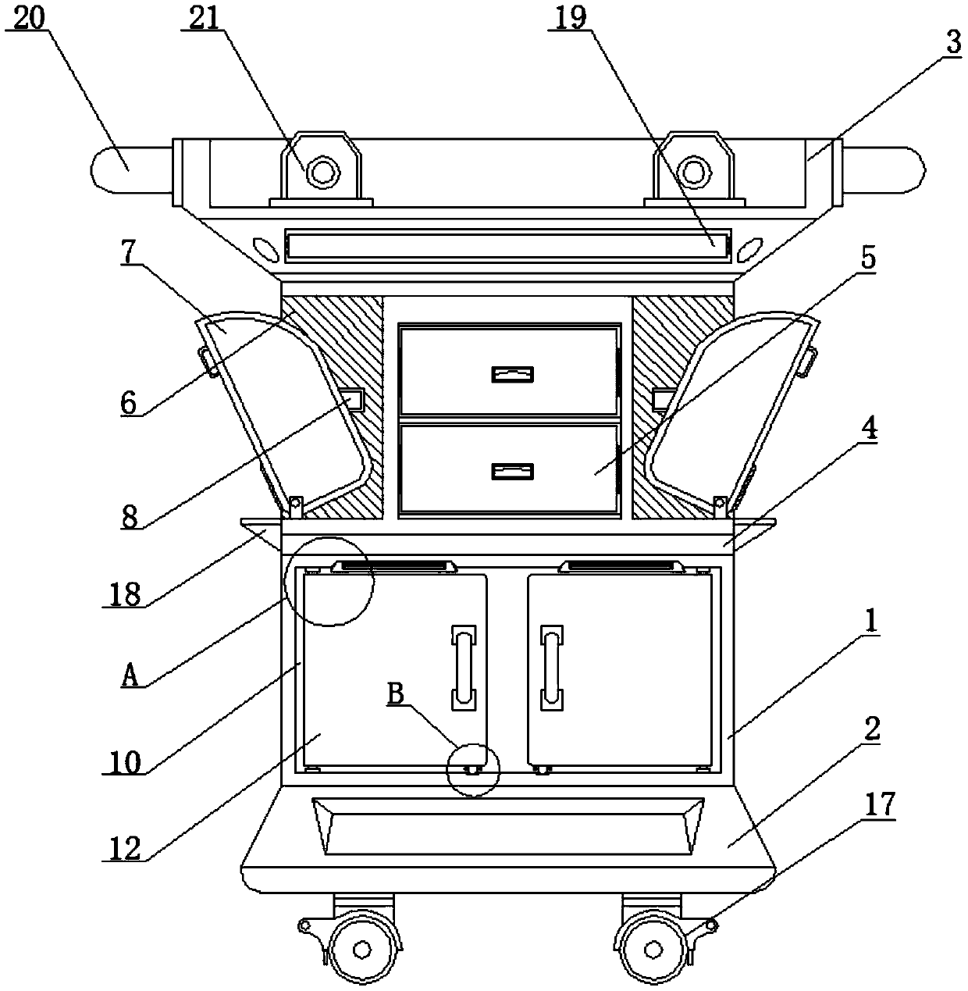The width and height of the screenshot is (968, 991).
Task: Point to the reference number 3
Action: tap(952, 44)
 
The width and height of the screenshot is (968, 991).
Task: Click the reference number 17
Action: tap(879, 806)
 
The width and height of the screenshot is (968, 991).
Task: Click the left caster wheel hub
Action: tap(361, 949)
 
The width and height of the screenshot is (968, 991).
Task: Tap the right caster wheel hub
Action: tap(651, 949)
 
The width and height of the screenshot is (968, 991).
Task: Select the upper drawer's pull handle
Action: tap(512, 374)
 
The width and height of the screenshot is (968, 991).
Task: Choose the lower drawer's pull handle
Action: tap(512, 471)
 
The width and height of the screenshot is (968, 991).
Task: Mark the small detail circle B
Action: tap(472, 769)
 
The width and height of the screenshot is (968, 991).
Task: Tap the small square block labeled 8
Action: tap(352, 400)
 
